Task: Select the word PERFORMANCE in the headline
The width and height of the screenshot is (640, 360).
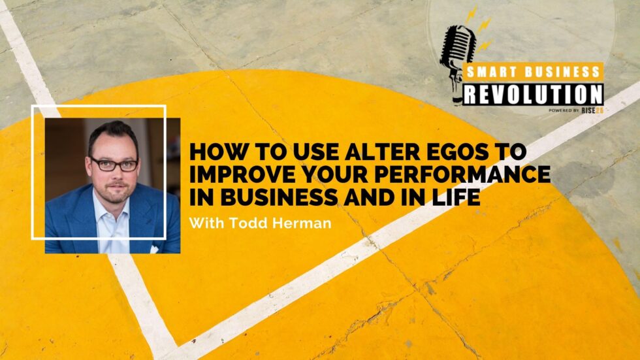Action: click(x=462, y=174)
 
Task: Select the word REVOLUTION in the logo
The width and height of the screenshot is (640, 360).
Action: click(x=534, y=95)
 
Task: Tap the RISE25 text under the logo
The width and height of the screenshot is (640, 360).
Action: click(x=592, y=110)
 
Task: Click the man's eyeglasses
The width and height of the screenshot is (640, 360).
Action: click(x=114, y=165)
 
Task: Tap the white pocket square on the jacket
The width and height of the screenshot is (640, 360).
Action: click(x=154, y=249)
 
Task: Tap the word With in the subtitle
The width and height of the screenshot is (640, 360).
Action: click(x=206, y=223)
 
